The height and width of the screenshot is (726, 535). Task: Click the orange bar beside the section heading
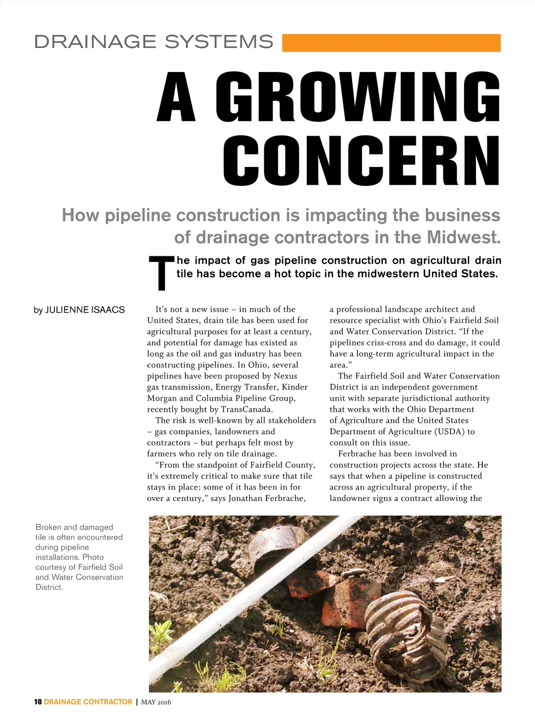(391, 43)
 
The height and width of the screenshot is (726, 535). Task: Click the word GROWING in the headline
(358, 97)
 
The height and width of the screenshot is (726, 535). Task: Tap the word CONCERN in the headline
(361, 161)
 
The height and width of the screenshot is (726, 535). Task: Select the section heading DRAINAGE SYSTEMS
(154, 42)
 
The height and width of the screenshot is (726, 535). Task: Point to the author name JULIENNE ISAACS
(85, 310)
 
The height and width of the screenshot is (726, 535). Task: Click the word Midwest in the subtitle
(463, 237)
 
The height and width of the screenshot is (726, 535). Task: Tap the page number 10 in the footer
(38, 702)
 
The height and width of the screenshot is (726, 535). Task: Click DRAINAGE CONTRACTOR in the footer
(88, 702)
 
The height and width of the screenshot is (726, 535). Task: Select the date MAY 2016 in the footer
(156, 702)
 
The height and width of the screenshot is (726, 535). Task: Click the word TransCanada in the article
(247, 409)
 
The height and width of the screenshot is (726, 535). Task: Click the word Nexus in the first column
(285, 376)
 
